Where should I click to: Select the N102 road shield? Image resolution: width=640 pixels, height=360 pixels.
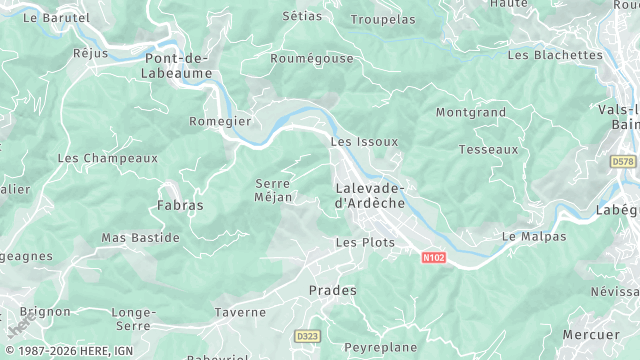(x=433, y=258)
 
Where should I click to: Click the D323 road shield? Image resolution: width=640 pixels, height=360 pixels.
(x=306, y=336)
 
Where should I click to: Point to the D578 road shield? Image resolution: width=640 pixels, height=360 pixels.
(x=622, y=161)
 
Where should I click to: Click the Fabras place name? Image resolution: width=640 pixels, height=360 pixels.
(x=180, y=205)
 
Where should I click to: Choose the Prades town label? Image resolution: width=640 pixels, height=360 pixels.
(x=332, y=290)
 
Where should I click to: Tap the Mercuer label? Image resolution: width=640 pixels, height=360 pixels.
(x=591, y=334)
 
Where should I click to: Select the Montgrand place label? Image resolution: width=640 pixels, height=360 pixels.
(x=470, y=113)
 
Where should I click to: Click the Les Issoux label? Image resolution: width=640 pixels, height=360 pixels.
(x=363, y=142)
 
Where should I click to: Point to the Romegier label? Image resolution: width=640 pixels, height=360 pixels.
(x=220, y=122)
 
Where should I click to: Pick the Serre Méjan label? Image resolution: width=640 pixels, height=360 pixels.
(x=274, y=190)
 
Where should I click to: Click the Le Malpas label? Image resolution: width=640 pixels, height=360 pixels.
(x=534, y=237)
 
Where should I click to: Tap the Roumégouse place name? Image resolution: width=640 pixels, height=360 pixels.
(x=312, y=59)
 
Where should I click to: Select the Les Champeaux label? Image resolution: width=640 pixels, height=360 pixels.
(x=108, y=158)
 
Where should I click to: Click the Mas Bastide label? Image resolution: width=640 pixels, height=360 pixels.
(x=141, y=238)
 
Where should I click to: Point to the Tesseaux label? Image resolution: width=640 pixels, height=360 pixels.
(x=488, y=150)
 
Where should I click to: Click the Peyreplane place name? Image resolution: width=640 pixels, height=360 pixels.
(x=379, y=346)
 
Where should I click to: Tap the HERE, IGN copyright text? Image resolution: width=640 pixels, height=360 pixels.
(x=75, y=351)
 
